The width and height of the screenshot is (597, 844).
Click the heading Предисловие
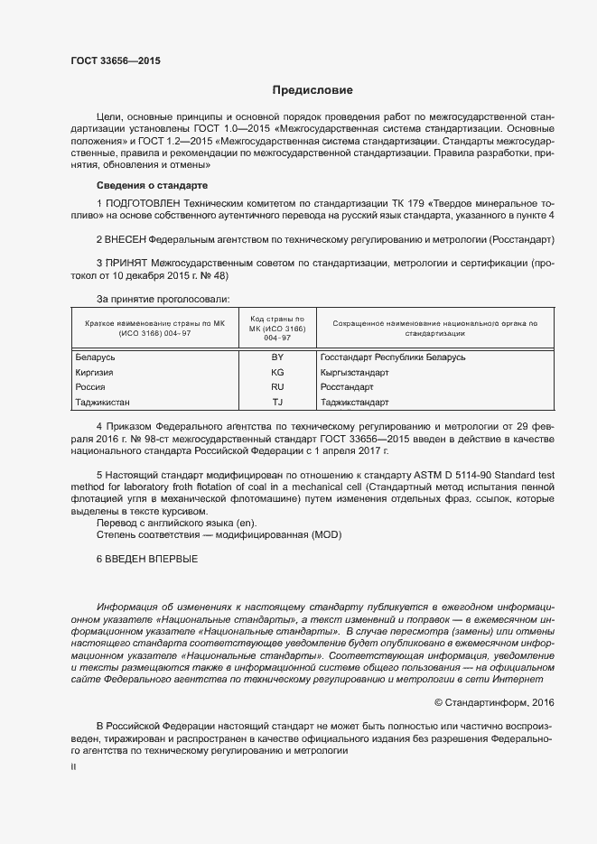coord(312,90)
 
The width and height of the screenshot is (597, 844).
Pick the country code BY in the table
coord(277,357)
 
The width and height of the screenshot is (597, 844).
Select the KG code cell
coord(277,372)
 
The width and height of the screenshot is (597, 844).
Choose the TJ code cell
coord(277,402)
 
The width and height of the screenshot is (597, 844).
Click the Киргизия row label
coord(93,372)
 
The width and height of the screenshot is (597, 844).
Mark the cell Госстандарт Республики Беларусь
coord(393,357)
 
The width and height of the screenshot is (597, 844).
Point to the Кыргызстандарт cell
coord(355,372)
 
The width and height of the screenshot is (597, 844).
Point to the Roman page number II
coord(73,766)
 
